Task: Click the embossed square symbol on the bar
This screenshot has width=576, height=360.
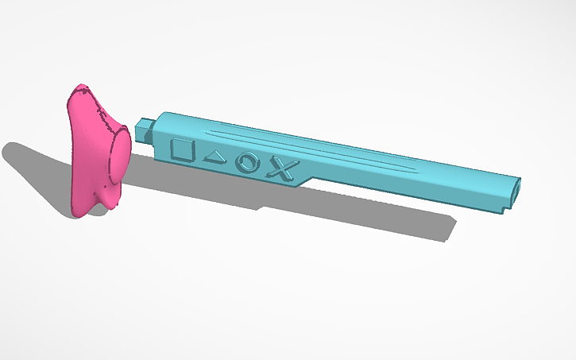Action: tap(183, 150)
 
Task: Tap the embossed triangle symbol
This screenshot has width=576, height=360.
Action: tap(215, 157)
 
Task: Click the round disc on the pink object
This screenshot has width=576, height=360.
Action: tap(119, 159)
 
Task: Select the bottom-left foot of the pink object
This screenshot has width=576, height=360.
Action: tap(79, 209)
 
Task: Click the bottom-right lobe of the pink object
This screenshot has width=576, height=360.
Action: tap(105, 204)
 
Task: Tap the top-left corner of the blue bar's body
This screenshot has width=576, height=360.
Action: tap(164, 114)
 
